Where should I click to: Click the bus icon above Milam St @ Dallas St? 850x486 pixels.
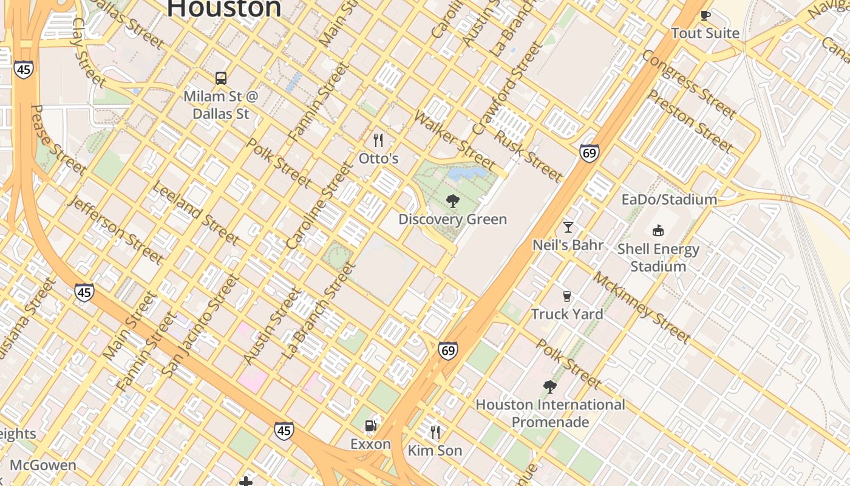pyautogui.click(x=221, y=78)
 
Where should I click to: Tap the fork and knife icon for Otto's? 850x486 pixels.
pyautogui.click(x=378, y=141)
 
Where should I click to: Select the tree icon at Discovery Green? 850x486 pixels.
pyautogui.click(x=452, y=201)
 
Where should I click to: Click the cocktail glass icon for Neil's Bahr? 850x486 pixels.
pyautogui.click(x=568, y=227)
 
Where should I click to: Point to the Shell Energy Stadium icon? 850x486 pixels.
pyautogui.click(x=658, y=231)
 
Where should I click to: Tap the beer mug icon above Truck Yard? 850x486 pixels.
pyautogui.click(x=567, y=296)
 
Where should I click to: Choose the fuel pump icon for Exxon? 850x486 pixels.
pyautogui.click(x=370, y=426)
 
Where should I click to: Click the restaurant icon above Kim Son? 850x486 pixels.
pyautogui.click(x=435, y=433)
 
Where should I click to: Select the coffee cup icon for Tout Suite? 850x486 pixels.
pyautogui.click(x=705, y=16)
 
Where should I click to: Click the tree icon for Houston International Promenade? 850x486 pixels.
pyautogui.click(x=549, y=387)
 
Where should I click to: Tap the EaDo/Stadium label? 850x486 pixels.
pyautogui.click(x=669, y=199)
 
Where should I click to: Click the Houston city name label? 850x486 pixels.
pyautogui.click(x=224, y=9)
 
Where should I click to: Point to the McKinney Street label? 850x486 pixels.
pyautogui.click(x=641, y=307)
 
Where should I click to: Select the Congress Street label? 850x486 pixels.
pyautogui.click(x=688, y=84)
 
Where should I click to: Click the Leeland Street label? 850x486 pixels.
pyautogui.click(x=195, y=213)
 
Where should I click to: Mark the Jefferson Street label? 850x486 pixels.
pyautogui.click(x=116, y=230)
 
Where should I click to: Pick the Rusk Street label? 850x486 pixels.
pyautogui.click(x=528, y=156)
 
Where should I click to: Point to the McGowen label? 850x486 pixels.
pyautogui.click(x=43, y=465)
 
